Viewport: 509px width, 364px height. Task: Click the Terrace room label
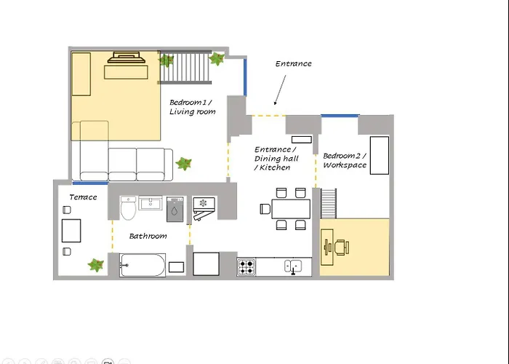point(83,197)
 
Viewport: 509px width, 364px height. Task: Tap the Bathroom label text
point(148,236)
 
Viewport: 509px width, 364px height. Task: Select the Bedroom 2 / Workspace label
point(345,160)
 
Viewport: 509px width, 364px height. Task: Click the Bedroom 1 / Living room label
point(192,107)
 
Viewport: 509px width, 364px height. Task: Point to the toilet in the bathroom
point(128,207)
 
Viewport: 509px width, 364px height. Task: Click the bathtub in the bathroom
point(143,265)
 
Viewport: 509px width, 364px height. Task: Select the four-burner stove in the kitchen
point(247,267)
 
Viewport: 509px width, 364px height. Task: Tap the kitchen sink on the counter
point(293,266)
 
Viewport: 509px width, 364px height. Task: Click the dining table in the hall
point(291,209)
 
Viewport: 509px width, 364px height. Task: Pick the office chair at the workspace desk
point(342,247)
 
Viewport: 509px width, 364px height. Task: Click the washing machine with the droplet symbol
point(175,210)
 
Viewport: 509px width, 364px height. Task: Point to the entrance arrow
point(280,90)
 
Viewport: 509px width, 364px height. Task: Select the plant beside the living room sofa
point(184,164)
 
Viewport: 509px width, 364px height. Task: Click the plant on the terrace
point(96,265)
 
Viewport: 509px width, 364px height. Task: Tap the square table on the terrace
point(71,231)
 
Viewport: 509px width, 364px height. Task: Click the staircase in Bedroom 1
point(185,67)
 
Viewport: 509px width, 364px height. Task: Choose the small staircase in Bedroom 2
point(329,203)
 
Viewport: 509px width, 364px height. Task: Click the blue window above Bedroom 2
point(340,115)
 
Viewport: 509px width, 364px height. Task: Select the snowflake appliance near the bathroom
point(204,208)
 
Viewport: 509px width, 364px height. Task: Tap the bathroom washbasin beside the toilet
point(151,203)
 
